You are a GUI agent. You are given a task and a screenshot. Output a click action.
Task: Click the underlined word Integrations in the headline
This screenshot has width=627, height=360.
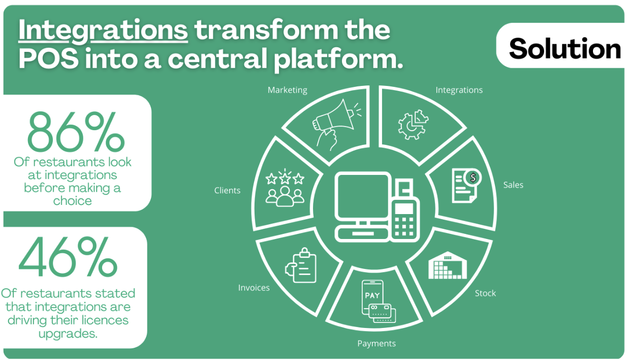pos(103,31)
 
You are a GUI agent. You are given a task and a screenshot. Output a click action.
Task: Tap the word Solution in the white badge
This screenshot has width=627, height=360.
pos(565,48)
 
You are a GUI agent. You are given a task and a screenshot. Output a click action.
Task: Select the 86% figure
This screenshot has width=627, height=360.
pos(76,132)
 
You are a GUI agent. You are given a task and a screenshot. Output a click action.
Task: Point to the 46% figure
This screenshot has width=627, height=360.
pos(68,257)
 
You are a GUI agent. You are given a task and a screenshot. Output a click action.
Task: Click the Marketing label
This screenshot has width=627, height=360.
pos(288,90)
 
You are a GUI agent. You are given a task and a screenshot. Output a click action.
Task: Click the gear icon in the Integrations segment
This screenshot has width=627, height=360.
pos(413,125)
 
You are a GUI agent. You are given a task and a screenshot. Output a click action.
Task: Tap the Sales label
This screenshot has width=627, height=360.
pos(513,185)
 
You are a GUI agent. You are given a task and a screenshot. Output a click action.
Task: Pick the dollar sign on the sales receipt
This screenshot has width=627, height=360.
pos(473,177)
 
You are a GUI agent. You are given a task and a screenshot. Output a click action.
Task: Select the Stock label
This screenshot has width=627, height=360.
pos(485,293)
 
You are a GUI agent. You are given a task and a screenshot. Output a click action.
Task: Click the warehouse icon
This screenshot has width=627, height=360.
pos(448,265)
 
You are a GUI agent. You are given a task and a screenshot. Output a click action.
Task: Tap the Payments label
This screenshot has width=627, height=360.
pos(377,343)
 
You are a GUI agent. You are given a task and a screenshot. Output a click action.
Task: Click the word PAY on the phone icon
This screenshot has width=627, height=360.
pos(372,295)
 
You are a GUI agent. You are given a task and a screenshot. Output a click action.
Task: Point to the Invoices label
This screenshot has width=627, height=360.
pos(254,288)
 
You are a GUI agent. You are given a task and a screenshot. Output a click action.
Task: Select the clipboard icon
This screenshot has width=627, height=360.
pos(301,265)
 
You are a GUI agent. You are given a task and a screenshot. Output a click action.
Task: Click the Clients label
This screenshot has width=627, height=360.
pos(227,191)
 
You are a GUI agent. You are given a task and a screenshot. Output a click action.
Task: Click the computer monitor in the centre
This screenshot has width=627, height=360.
pos(363,197)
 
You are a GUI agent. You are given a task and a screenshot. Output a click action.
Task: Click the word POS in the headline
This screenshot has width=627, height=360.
pos(48,59)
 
